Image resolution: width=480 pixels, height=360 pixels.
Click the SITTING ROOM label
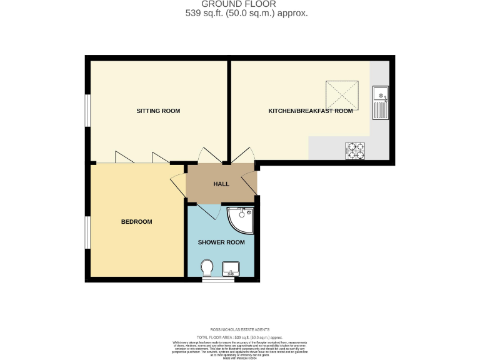click(158, 111)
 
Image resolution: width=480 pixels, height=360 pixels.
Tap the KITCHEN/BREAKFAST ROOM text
click(310, 111)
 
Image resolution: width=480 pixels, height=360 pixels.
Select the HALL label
click(221, 184)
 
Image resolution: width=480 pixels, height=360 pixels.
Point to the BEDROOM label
click(136, 222)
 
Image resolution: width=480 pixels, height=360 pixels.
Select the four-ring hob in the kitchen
click(356, 150)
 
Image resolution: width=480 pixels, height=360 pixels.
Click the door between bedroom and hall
click(177, 184)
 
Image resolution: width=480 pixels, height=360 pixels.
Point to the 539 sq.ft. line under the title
click(247, 13)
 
